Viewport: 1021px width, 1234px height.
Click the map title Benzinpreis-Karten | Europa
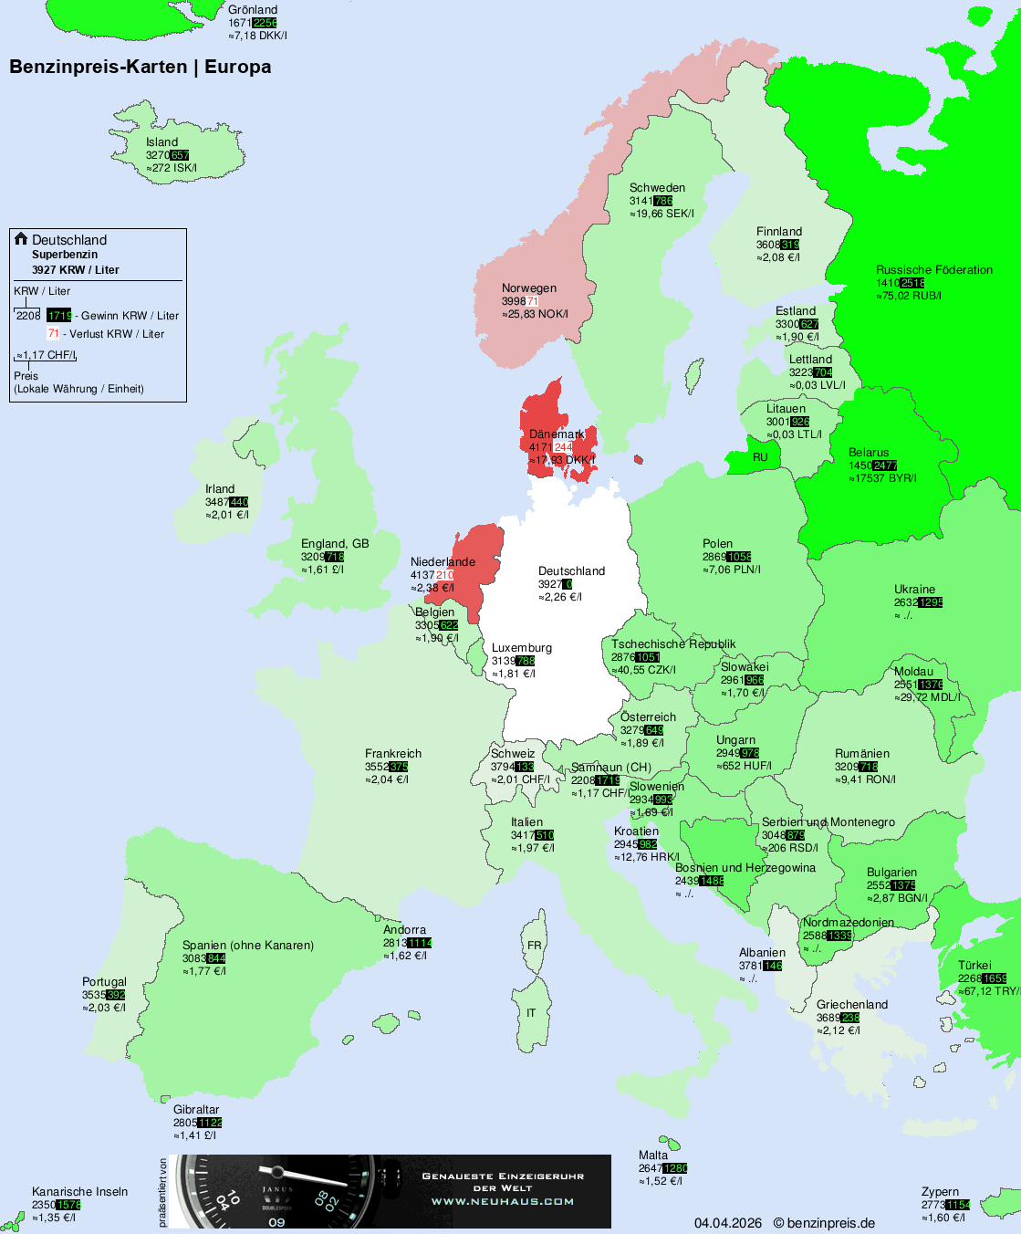[x=140, y=67]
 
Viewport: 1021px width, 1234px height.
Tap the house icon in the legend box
[x=21, y=239]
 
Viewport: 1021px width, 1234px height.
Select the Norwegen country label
[x=528, y=288]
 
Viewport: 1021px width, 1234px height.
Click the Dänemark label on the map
[x=557, y=434]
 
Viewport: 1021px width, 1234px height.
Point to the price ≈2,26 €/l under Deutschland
[x=559, y=597]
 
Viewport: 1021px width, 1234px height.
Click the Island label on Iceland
[x=161, y=142]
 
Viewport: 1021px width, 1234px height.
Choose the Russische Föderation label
[x=933, y=270]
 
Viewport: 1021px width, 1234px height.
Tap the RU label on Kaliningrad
[x=760, y=457]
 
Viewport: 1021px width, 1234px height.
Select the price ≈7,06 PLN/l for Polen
[x=731, y=570]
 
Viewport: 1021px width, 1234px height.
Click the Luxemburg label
[x=521, y=648]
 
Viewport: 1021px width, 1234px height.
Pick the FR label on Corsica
[x=534, y=946]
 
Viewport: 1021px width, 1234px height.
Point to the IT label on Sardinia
[x=531, y=1013]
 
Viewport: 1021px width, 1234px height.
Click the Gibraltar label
[x=196, y=1110]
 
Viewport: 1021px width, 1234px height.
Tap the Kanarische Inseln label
[x=79, y=1192]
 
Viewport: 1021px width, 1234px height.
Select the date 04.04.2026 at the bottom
[x=727, y=1223]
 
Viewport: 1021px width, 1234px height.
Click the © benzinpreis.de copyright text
[x=824, y=1223]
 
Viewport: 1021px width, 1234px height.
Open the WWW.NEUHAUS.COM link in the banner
[x=503, y=1201]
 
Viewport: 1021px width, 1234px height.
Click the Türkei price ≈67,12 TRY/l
[x=988, y=991]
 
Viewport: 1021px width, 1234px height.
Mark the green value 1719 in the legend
[x=59, y=316]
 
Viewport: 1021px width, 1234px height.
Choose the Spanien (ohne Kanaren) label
[x=247, y=946]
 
